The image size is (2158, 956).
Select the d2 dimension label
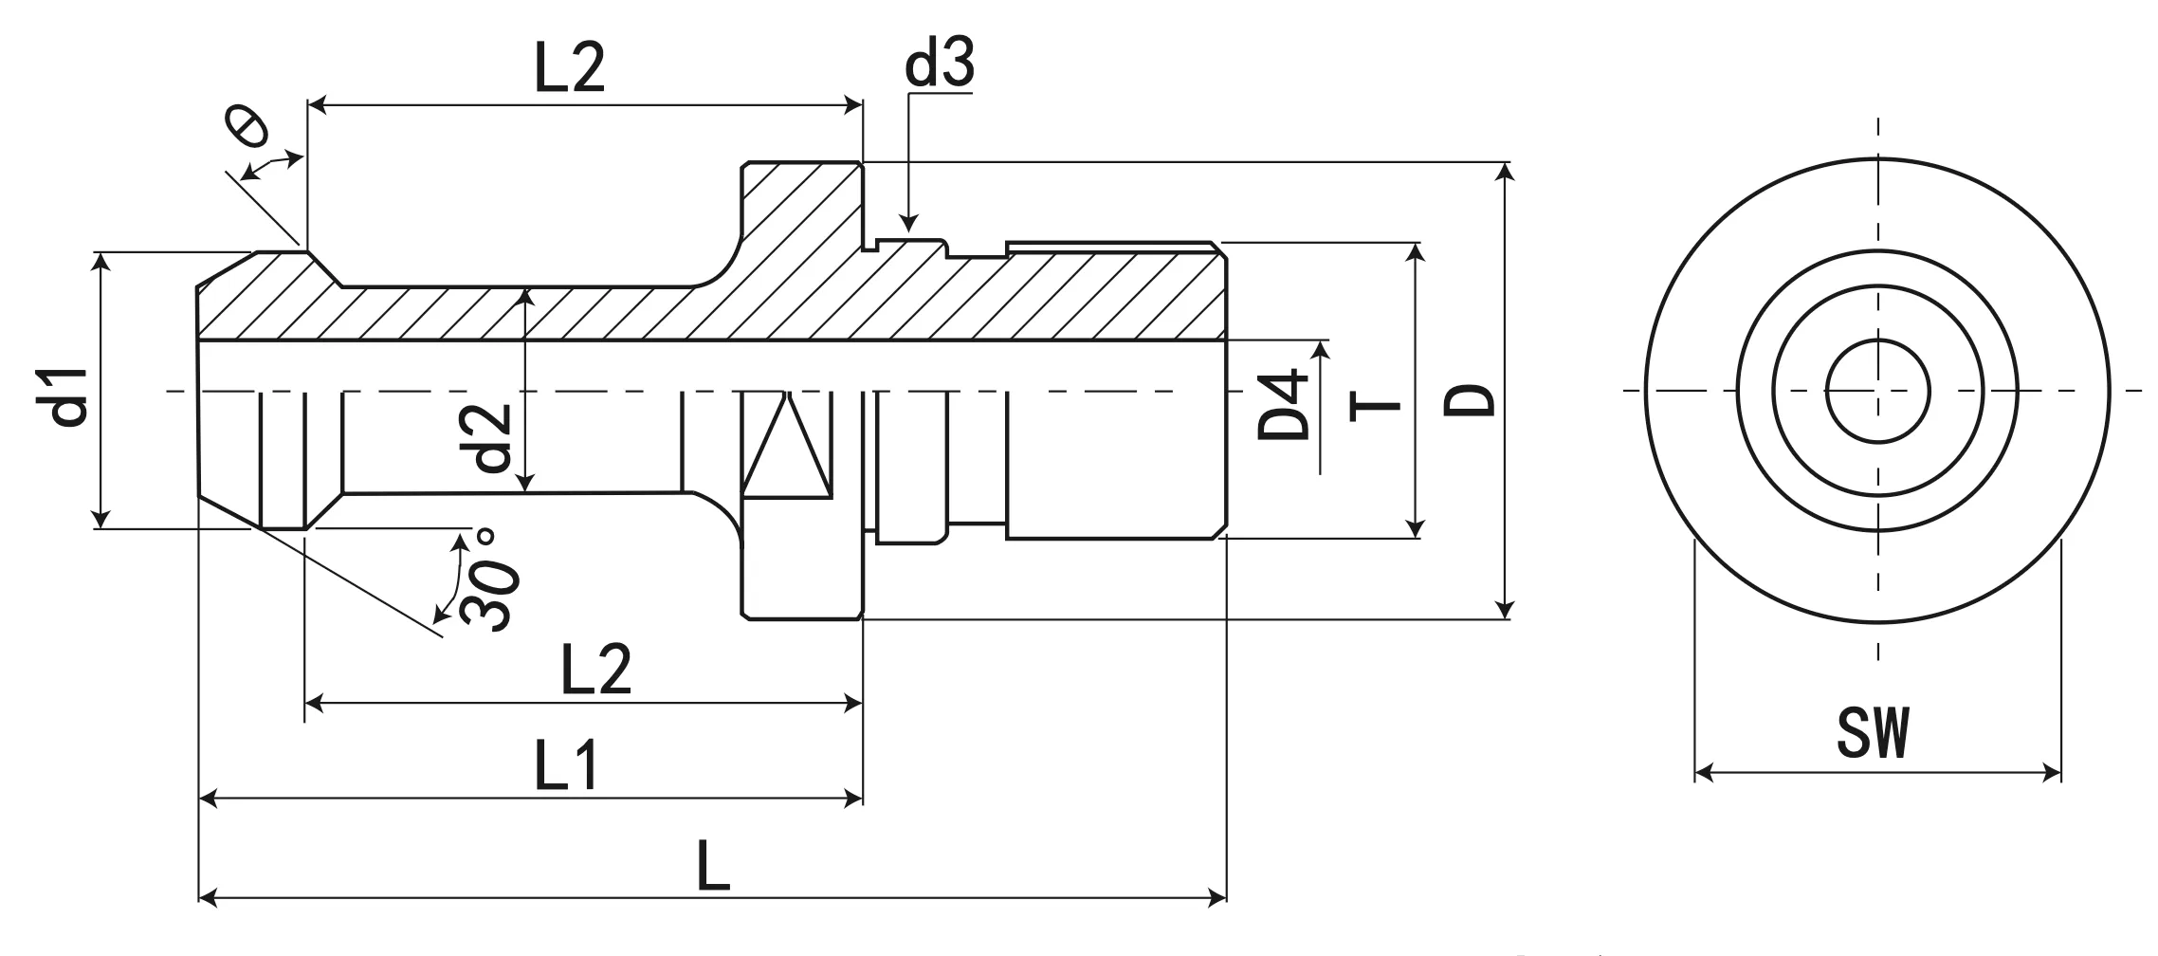click(493, 438)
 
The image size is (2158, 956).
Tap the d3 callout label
click(939, 65)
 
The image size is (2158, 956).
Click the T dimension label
click(1375, 406)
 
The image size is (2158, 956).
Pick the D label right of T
click(1470, 400)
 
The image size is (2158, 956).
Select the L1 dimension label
click(567, 766)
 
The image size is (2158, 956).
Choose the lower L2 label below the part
click(595, 670)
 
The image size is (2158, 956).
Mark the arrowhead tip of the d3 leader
click(908, 230)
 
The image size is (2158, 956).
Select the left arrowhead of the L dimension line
click(203, 896)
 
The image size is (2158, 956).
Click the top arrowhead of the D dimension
click(1505, 166)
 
